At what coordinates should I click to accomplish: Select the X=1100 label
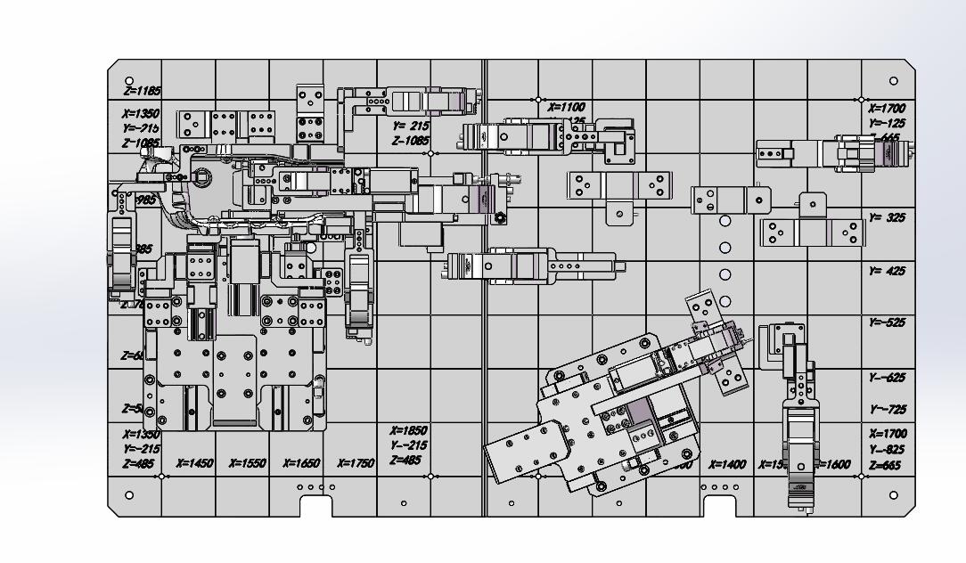pyautogui.click(x=566, y=107)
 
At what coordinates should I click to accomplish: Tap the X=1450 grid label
pyautogui.click(x=194, y=463)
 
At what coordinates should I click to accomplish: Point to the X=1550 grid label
pyautogui.click(x=248, y=463)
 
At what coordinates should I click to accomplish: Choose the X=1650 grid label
pyautogui.click(x=302, y=463)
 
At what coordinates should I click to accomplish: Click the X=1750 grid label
pyautogui.click(x=356, y=463)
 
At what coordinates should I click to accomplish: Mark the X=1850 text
pyautogui.click(x=409, y=430)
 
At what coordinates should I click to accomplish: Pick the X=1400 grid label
pyautogui.click(x=727, y=465)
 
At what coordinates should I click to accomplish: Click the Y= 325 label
pyautogui.click(x=887, y=217)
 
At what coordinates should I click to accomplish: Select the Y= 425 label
pyautogui.click(x=887, y=271)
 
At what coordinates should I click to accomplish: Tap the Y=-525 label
pyautogui.click(x=887, y=322)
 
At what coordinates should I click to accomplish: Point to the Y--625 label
pyautogui.click(x=887, y=378)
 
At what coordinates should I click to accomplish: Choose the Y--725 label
pyautogui.click(x=887, y=410)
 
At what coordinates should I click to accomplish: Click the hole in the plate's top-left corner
pyautogui.click(x=130, y=82)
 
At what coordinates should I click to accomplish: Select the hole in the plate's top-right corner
pyautogui.click(x=894, y=82)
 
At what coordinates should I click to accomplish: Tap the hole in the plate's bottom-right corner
pyautogui.click(x=894, y=494)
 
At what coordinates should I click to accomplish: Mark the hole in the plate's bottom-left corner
pyautogui.click(x=130, y=494)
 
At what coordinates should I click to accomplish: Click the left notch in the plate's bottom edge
pyautogui.click(x=315, y=506)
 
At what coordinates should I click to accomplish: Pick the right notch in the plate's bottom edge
pyautogui.click(x=720, y=506)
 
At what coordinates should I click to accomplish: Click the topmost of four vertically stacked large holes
pyautogui.click(x=725, y=221)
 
